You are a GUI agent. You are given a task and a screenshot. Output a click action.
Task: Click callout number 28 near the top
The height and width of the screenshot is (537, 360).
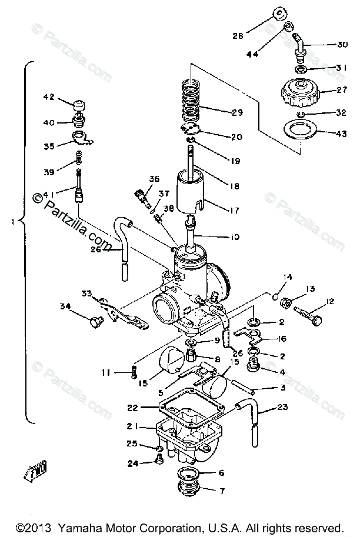(237, 35)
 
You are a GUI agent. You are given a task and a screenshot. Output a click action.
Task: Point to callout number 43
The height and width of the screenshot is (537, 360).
(341, 134)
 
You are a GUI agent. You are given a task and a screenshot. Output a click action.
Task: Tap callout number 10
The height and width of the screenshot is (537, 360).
(235, 237)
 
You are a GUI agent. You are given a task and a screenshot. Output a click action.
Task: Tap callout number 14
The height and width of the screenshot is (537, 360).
(288, 277)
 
